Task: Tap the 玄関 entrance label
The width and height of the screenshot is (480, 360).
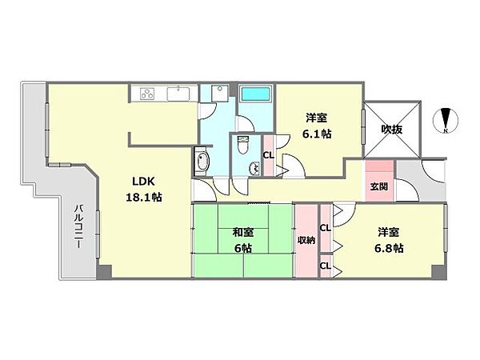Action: click(x=378, y=186)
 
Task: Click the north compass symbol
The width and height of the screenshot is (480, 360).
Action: click(x=446, y=120)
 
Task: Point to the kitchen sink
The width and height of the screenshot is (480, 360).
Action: click(x=178, y=94)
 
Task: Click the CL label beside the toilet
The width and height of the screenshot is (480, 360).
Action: click(x=269, y=155)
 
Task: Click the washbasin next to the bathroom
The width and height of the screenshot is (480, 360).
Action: click(x=211, y=94)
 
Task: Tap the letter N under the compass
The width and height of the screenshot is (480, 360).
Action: click(x=446, y=132)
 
